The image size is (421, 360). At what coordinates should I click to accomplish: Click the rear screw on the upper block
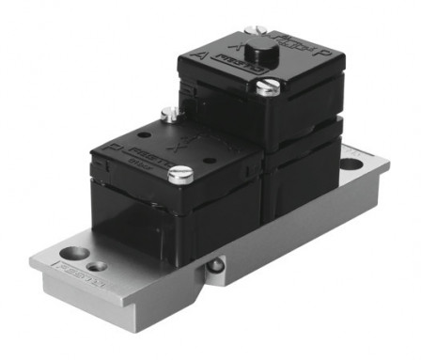click(x=251, y=31)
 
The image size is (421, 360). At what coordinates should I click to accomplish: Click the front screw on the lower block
click(x=183, y=172)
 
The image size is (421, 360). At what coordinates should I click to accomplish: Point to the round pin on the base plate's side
click(x=217, y=266)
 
